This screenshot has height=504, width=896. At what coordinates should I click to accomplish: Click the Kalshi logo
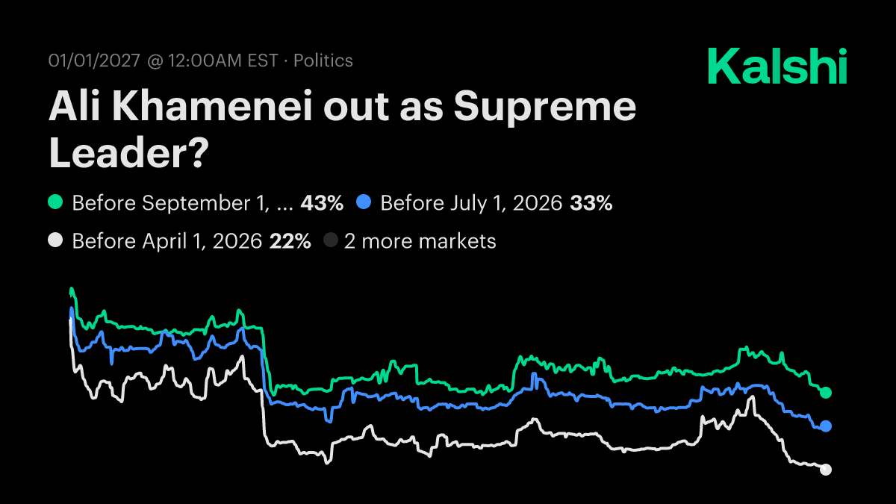pyautogui.click(x=777, y=66)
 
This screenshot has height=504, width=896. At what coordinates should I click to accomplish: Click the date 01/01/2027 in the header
pyautogui.click(x=94, y=60)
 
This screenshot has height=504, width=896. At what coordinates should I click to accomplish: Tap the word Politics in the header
pyautogui.click(x=323, y=60)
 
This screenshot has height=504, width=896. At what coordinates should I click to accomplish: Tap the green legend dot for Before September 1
pyautogui.click(x=55, y=202)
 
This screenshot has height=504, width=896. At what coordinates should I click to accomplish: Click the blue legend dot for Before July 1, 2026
pyautogui.click(x=364, y=202)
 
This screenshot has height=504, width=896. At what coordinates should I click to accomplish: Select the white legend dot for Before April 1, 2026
pyautogui.click(x=55, y=241)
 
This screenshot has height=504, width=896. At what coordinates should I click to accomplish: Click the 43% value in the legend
pyautogui.click(x=321, y=202)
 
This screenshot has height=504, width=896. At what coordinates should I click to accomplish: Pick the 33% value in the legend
pyautogui.click(x=591, y=202)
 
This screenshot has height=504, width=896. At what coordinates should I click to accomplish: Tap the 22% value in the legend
pyautogui.click(x=290, y=241)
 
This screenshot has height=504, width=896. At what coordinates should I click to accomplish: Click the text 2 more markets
pyautogui.click(x=420, y=241)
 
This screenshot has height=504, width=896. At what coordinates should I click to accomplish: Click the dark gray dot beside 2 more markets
pyautogui.click(x=331, y=241)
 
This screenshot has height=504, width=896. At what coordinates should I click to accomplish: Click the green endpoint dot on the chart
pyautogui.click(x=826, y=393)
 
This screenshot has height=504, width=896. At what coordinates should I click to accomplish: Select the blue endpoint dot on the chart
pyautogui.click(x=826, y=426)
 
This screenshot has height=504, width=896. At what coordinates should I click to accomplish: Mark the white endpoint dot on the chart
pyautogui.click(x=826, y=470)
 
